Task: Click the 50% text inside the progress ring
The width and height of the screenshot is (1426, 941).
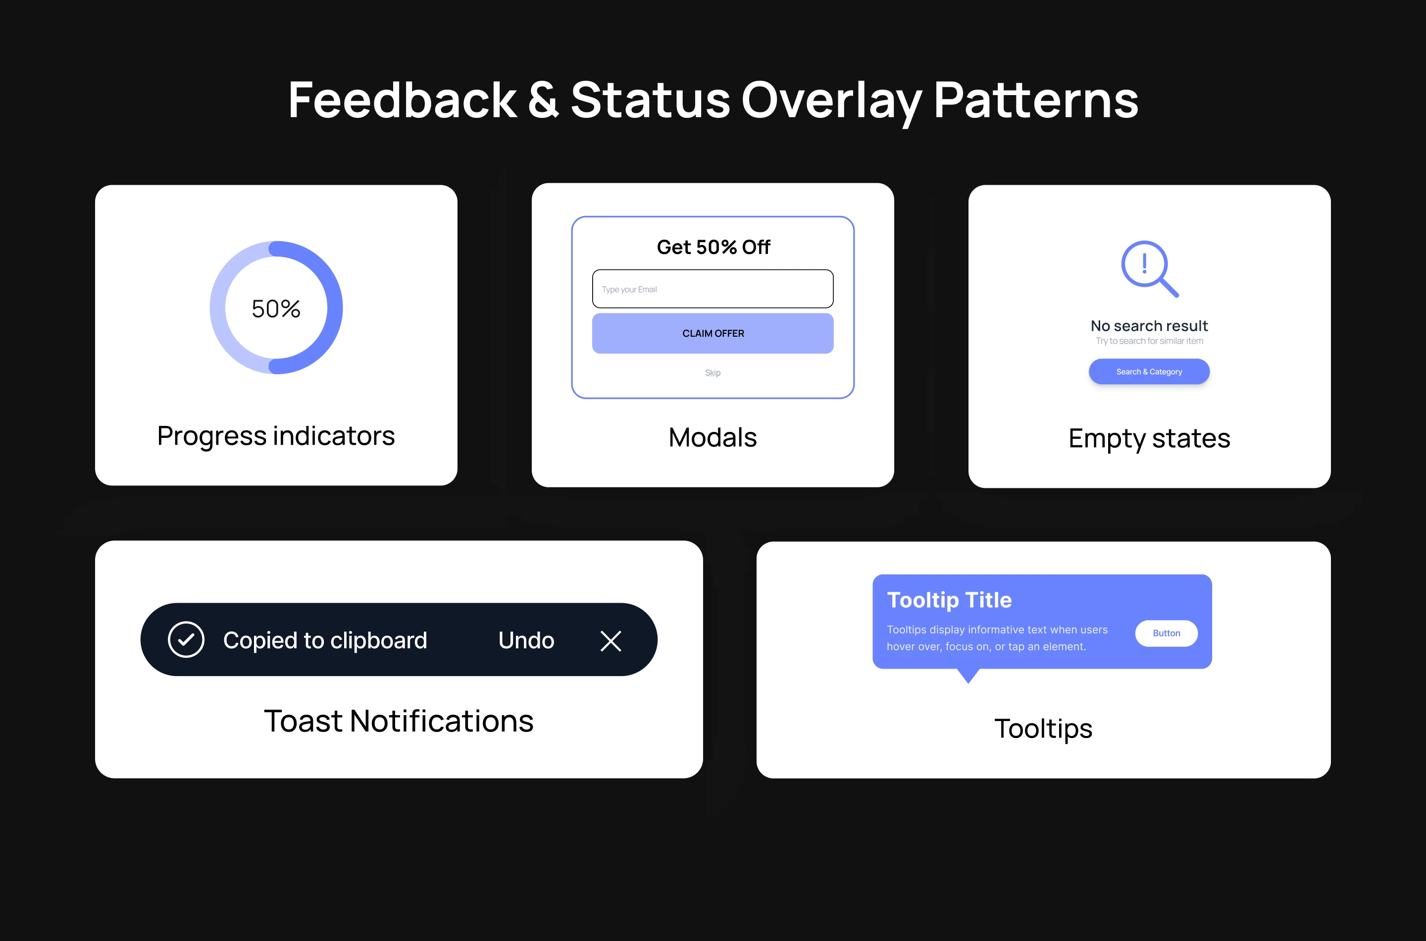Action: click(x=276, y=309)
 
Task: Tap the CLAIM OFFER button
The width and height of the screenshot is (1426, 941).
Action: click(x=713, y=333)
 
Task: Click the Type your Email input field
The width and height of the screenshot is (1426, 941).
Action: click(x=713, y=289)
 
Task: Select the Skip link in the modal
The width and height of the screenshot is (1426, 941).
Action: click(x=713, y=372)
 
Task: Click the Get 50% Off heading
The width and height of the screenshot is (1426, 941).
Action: click(x=713, y=247)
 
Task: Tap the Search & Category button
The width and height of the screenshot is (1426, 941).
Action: click(x=1149, y=371)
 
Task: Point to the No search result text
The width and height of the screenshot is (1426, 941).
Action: click(x=1149, y=326)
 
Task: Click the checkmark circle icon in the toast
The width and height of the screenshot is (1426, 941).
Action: click(x=186, y=640)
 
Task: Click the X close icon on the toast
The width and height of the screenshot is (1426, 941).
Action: click(x=611, y=641)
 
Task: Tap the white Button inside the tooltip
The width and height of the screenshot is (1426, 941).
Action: click(x=1166, y=633)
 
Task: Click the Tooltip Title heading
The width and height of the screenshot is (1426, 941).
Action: click(x=949, y=600)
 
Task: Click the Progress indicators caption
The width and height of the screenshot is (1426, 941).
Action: click(x=276, y=436)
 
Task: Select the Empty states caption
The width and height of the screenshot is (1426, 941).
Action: click(x=1149, y=438)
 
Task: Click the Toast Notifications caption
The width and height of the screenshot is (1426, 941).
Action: click(x=399, y=721)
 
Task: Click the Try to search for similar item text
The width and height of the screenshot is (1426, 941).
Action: click(x=1149, y=341)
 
